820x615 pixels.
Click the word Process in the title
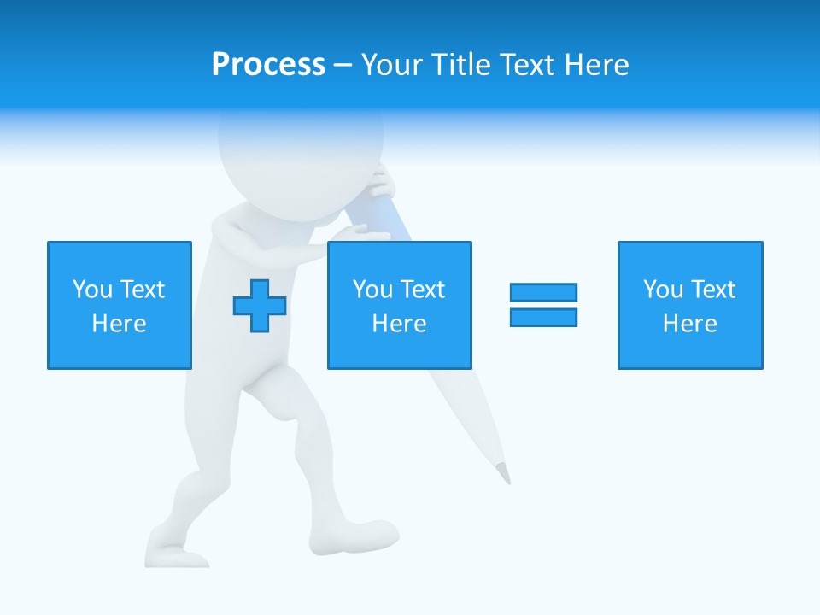[268, 65]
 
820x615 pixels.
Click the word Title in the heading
[461, 65]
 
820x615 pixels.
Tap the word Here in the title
[595, 65]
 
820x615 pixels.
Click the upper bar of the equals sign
[543, 292]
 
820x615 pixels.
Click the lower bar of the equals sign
[543, 317]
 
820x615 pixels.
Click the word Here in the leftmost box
[119, 324]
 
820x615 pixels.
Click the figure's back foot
[175, 552]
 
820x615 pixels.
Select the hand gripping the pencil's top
[380, 184]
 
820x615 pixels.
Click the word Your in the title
[394, 65]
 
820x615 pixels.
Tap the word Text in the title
[525, 65]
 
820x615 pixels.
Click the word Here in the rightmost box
[689, 324]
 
